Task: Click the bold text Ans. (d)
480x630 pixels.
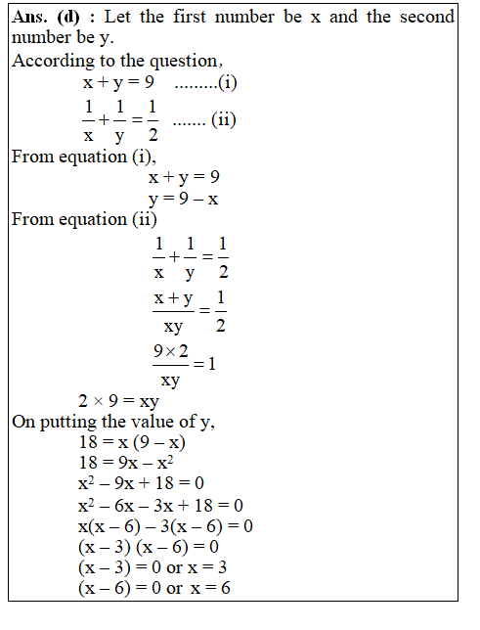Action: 47,18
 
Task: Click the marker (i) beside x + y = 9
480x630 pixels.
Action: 228,82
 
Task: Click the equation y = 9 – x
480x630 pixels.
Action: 183,199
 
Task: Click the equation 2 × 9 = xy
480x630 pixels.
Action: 119,401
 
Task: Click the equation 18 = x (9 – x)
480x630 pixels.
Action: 133,442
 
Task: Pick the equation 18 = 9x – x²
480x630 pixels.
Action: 132,463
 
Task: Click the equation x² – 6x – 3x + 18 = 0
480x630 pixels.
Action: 160,505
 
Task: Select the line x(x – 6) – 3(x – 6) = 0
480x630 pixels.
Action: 165,526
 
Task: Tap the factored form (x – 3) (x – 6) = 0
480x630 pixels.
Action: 149,547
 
